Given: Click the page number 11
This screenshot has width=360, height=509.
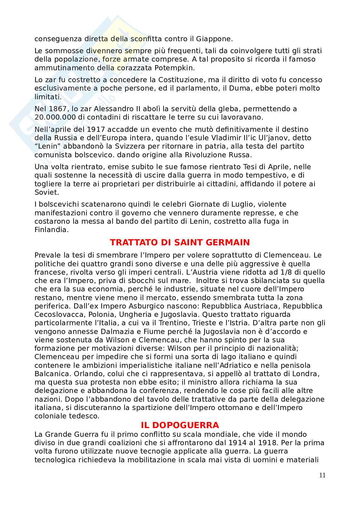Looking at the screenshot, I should [322, 475].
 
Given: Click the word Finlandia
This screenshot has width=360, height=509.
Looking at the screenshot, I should [52, 230].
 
